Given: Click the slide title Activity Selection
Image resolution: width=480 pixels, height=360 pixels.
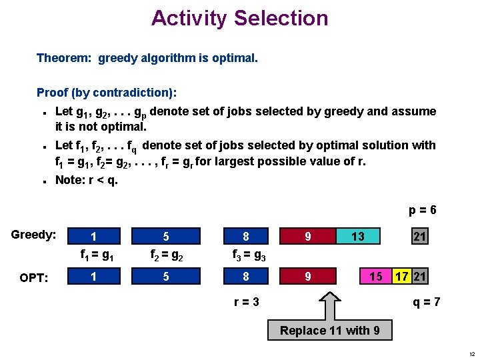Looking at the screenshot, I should (x=240, y=18).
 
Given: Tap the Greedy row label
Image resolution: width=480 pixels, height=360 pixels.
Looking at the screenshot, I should (x=33, y=235).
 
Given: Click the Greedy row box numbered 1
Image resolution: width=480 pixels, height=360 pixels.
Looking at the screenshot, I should (x=93, y=236).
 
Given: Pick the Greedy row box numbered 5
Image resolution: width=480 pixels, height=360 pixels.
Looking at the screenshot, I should (x=165, y=236).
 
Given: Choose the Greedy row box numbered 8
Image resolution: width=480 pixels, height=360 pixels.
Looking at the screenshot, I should (x=245, y=236).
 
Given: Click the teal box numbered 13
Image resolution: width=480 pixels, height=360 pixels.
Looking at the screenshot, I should (x=358, y=236).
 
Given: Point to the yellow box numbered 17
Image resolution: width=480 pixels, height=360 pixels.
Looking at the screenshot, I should (x=401, y=276).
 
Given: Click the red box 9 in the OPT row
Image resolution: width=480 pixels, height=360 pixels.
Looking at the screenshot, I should (x=307, y=276).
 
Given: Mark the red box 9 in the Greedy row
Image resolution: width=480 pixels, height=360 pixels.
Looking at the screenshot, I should (x=307, y=236).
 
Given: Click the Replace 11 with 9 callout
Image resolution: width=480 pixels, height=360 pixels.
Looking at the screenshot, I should (x=330, y=331).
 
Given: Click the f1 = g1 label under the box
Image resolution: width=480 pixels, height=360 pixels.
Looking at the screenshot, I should (x=97, y=254).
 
